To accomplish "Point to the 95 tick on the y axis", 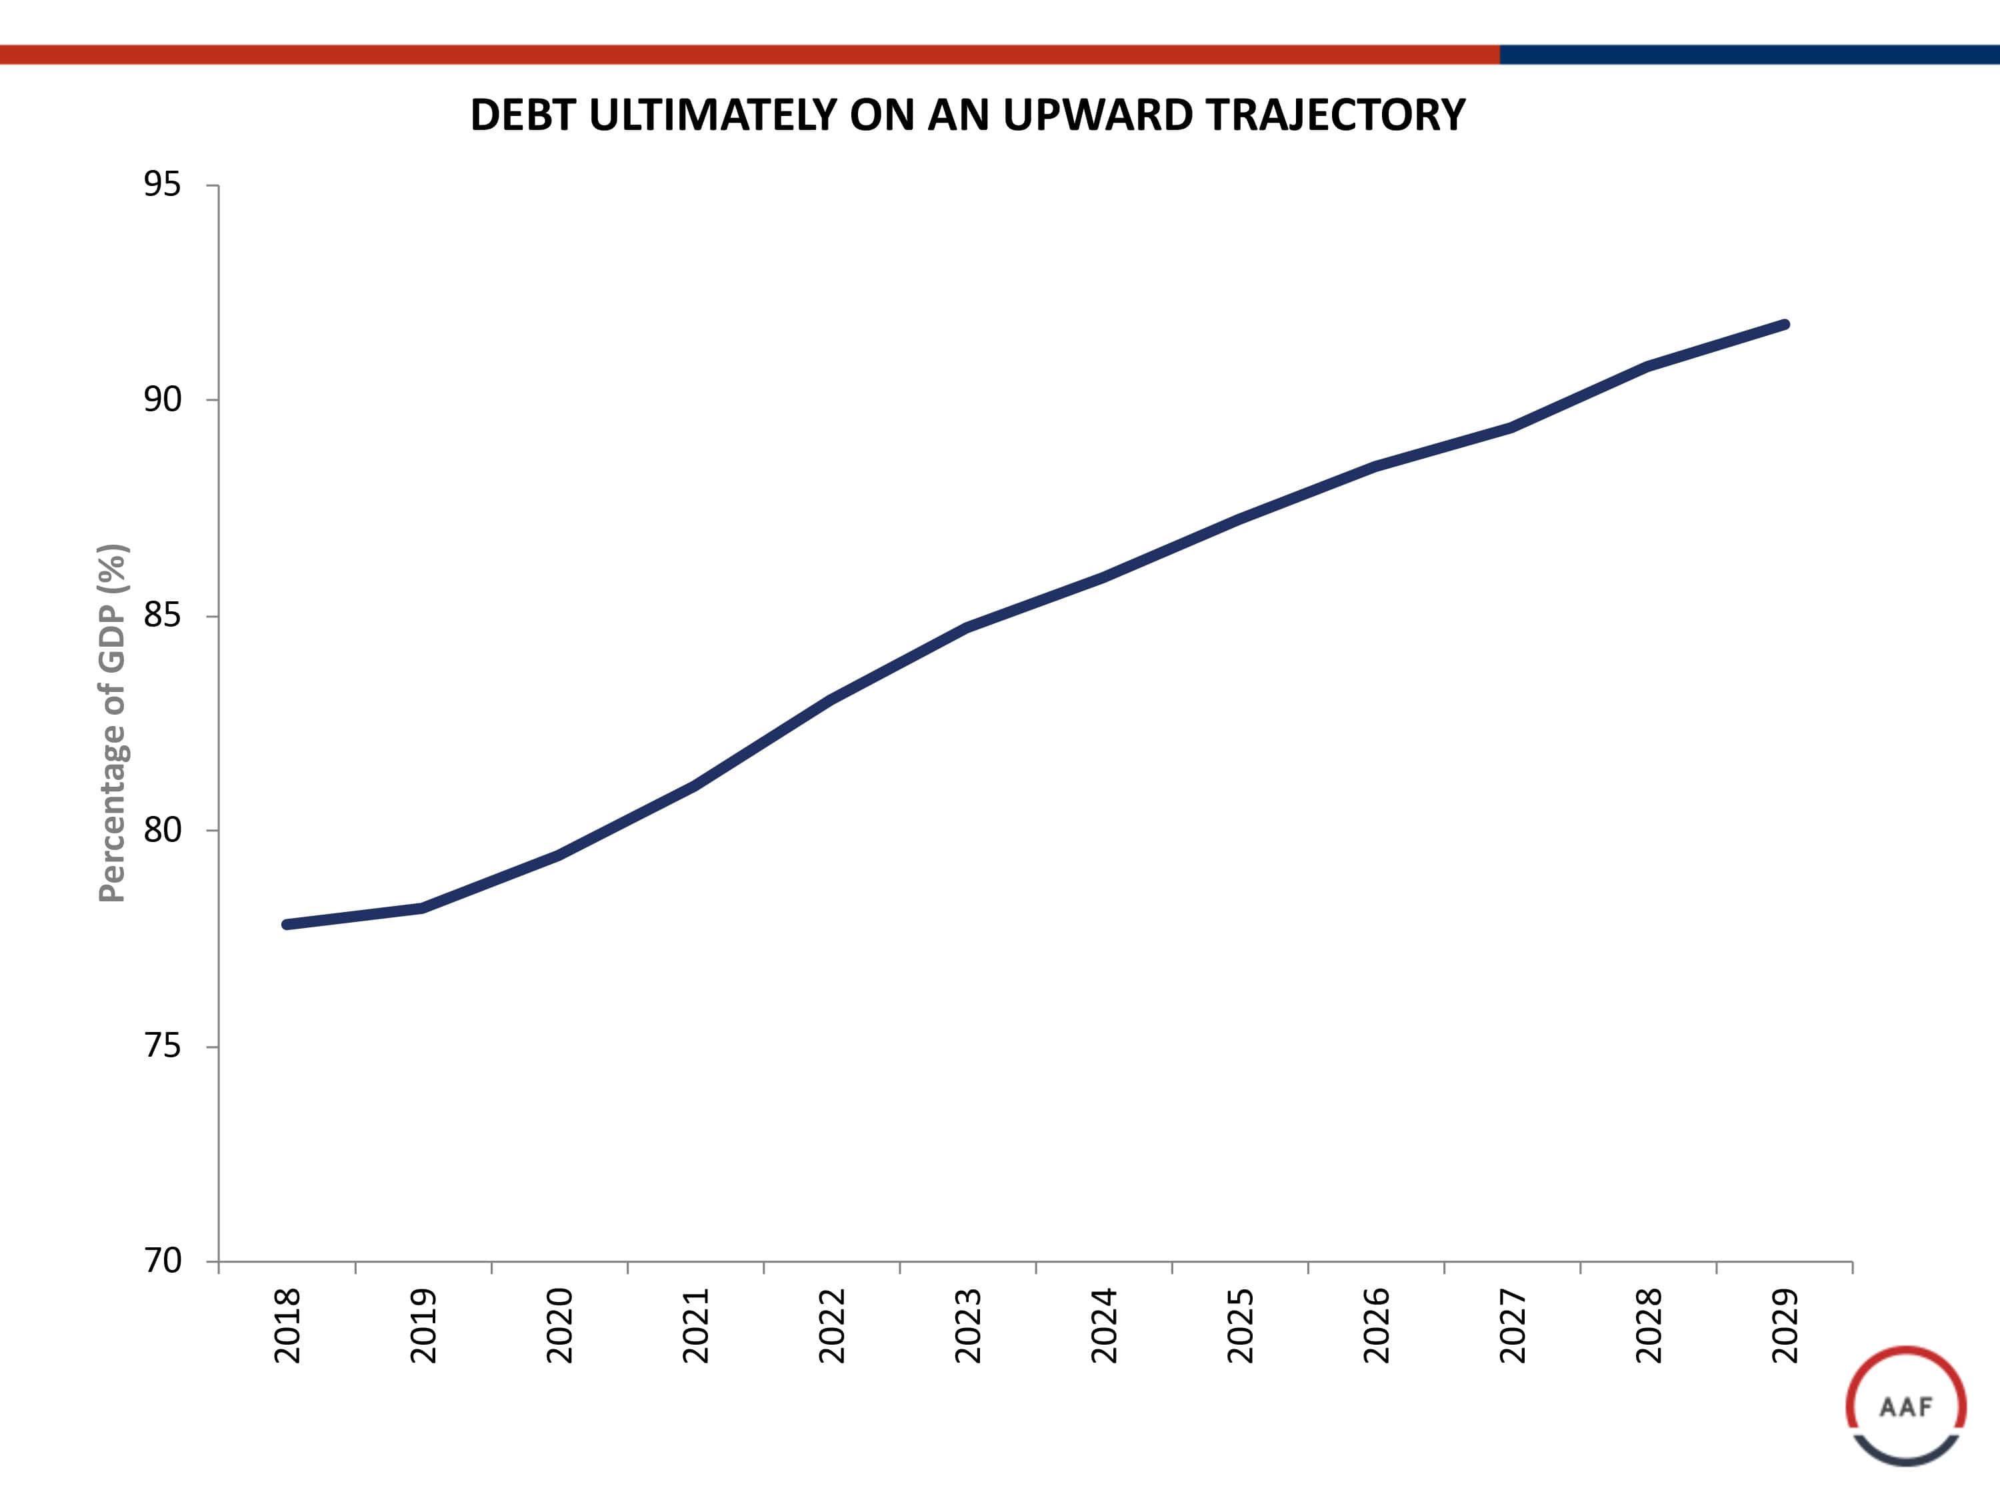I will point(163,185).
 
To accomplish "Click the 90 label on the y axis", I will point(163,399).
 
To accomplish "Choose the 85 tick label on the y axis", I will point(163,615).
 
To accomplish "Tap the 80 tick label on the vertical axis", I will point(163,830).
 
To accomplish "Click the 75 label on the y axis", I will point(163,1046).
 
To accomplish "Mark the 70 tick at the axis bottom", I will point(163,1261).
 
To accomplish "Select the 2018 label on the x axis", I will point(287,1325).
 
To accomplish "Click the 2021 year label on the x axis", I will point(695,1325).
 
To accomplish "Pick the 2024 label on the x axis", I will point(1104,1325).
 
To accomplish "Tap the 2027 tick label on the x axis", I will point(1513,1325).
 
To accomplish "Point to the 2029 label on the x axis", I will point(1785,1325).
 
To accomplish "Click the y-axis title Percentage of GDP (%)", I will point(113,723).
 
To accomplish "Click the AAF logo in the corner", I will point(1906,1406).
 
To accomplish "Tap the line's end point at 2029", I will point(1784,325).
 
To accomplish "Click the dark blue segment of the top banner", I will point(1749,54).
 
